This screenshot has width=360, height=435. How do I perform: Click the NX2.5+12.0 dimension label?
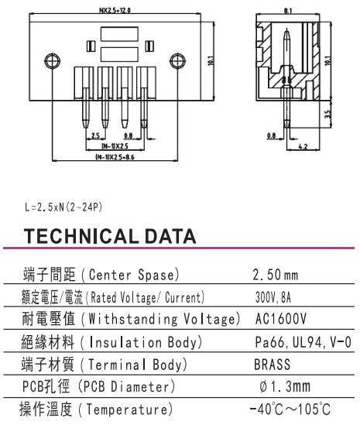tap(115, 11)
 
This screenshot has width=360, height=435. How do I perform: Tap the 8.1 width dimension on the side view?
tap(288, 11)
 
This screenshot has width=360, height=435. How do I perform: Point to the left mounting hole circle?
tap(52, 60)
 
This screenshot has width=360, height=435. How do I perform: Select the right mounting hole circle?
tap(177, 60)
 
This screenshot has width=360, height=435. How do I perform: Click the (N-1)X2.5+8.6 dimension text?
tap(115, 157)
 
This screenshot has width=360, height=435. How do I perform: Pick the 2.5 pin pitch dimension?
tap(95, 135)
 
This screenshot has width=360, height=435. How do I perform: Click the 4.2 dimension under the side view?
tap(303, 146)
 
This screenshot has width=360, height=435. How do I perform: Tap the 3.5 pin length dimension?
tap(327, 114)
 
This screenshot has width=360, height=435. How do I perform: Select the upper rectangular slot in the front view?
tap(119, 34)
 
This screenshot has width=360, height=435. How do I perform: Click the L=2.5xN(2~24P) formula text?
tap(63, 207)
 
